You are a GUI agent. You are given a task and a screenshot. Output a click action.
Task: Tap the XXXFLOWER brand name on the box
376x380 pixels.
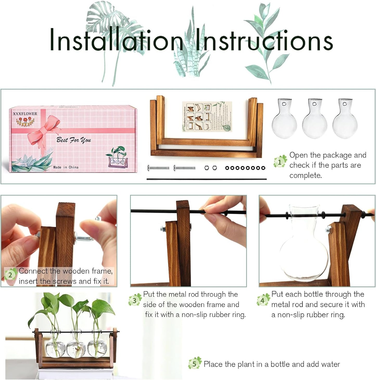click(25, 114)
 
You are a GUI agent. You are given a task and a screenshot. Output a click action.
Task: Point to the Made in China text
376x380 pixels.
click(66, 167)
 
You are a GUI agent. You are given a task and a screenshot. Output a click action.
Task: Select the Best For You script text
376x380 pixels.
click(74, 140)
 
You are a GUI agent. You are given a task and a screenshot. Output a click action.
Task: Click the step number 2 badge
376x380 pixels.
click(10, 275)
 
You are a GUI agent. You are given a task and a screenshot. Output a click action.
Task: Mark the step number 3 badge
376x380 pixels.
click(134, 301)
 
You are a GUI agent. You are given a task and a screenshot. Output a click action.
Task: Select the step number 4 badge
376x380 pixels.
click(262, 301)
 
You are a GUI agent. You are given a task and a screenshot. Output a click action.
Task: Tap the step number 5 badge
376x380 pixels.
click(194, 364)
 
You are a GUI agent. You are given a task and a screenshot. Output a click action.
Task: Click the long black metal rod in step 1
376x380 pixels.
click(206, 179)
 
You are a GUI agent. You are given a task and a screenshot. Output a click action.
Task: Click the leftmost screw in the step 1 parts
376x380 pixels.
click(158, 168)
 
